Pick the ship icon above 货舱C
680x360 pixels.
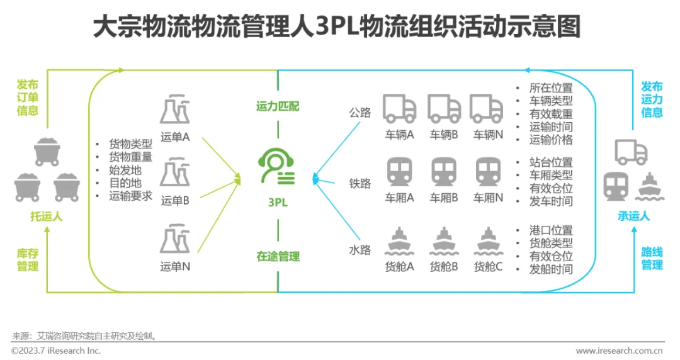[487, 240]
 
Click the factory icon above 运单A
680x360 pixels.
[175, 111]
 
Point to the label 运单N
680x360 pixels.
[175, 266]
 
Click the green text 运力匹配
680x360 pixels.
[278, 106]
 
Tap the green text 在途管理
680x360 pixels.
[278, 256]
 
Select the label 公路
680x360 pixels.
[360, 113]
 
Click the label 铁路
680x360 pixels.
[360, 183]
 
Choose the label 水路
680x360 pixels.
[360, 249]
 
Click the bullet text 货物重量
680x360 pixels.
[130, 157]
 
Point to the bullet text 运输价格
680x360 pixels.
[551, 140]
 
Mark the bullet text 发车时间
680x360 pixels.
[551, 201]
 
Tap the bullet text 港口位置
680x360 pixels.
[551, 230]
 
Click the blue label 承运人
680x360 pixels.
[633, 216]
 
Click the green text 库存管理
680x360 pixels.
[28, 259]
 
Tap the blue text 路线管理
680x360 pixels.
[652, 259]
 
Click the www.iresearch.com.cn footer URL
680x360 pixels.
[619, 351]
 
